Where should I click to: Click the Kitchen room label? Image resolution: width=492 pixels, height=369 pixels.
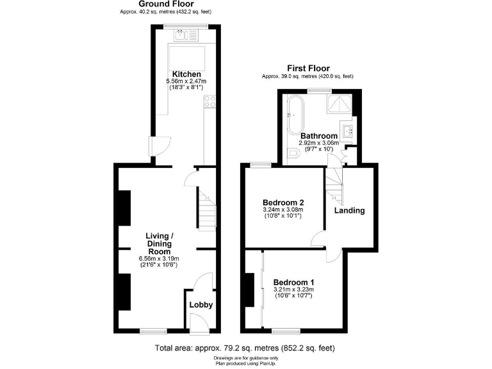coord(184,73)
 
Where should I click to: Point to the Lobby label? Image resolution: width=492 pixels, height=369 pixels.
coord(201,304)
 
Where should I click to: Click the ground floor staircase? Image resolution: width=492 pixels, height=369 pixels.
coord(205,208)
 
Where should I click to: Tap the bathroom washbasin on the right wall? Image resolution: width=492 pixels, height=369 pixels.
coord(348,132)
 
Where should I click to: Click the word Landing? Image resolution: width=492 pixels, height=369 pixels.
coord(349,210)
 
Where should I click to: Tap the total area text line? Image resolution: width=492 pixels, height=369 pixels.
coord(245,348)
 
